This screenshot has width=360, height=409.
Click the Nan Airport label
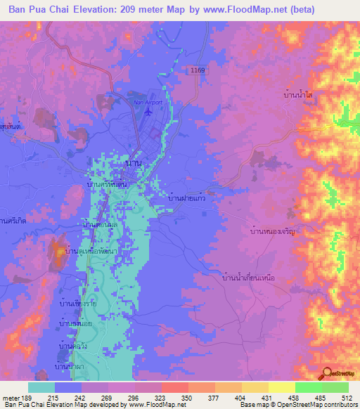pyautogui.click(x=146, y=101)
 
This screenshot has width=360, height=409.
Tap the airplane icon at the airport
pyautogui.click(x=147, y=112)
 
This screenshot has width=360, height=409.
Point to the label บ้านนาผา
pyautogui.click(x=74, y=366)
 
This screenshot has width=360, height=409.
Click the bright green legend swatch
pyautogui.click(x=335, y=387)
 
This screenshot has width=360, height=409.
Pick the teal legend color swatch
pyautogui.click(x=41, y=387)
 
